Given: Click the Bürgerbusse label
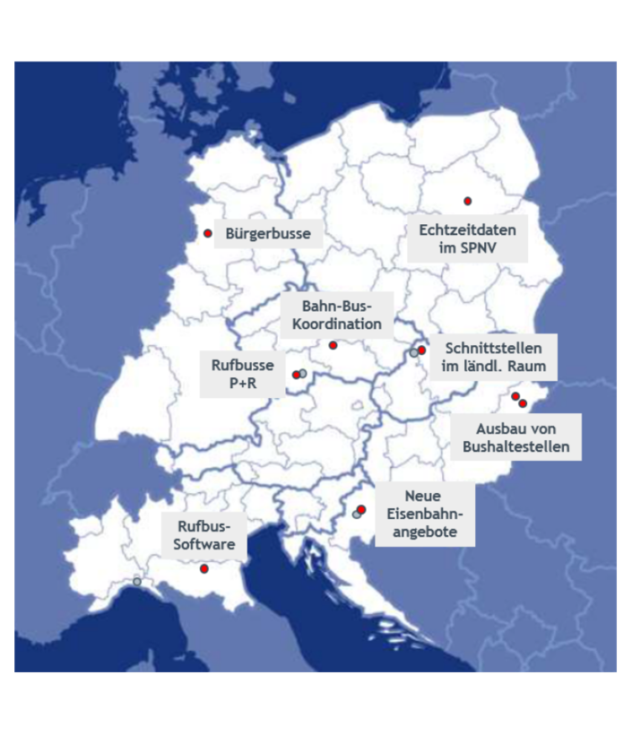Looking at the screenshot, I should click(x=268, y=234).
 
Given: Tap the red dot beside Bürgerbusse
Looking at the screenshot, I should click(x=207, y=233).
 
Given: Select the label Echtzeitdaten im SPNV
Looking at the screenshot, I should click(x=467, y=238).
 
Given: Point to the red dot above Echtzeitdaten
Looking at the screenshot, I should click(x=467, y=201).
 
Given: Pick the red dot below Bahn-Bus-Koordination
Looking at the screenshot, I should click(x=333, y=345).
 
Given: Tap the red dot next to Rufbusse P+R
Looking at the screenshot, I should click(x=296, y=375).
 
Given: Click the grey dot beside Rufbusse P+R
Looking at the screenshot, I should click(x=303, y=372).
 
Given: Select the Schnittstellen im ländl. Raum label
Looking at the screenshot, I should click(x=492, y=357).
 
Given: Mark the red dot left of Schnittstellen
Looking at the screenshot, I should click(x=421, y=350).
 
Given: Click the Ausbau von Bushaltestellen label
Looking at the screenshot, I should click(x=515, y=437).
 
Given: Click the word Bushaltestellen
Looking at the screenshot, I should click(x=515, y=446).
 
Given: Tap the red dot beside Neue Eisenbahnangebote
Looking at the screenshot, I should click(x=361, y=510).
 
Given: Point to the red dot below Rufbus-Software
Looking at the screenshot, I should click(x=204, y=568).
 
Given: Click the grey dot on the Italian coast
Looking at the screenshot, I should click(x=136, y=582).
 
